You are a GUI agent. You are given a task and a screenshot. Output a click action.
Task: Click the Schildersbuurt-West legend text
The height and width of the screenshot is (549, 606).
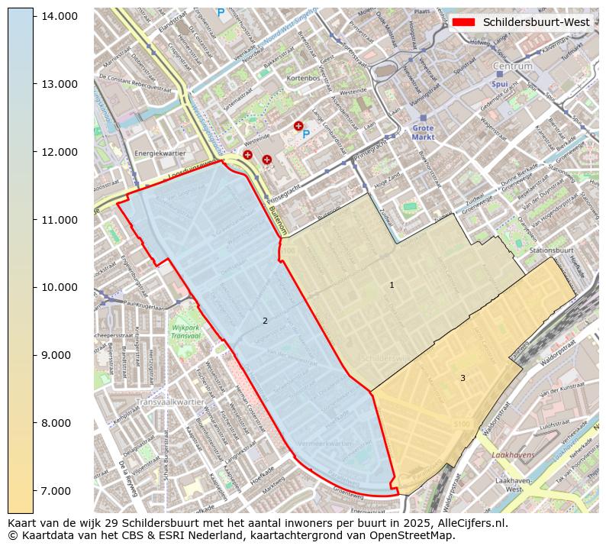[536, 22]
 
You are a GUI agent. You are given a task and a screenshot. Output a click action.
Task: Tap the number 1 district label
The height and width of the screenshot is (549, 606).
[392, 285]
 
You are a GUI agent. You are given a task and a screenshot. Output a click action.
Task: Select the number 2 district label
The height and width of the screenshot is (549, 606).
[265, 321]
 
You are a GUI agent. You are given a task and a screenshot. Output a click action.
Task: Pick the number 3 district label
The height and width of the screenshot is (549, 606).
[462, 378]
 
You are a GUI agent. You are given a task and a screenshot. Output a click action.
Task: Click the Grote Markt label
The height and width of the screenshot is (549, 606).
[422, 133]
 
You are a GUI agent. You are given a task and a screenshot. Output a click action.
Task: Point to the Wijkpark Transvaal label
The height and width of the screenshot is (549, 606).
[185, 333]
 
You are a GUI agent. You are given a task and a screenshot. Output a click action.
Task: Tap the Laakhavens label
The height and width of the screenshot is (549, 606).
[513, 454]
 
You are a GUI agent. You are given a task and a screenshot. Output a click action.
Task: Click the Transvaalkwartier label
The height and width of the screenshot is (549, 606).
[170, 402]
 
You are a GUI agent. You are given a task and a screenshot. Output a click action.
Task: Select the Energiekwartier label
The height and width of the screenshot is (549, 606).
[160, 153]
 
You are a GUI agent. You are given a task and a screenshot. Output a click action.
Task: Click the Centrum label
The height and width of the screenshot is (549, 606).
[513, 66]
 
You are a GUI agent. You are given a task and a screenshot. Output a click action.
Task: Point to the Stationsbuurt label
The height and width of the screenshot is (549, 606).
[551, 250]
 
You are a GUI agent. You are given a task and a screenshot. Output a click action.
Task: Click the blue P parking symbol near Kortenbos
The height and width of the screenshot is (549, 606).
[306, 134]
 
